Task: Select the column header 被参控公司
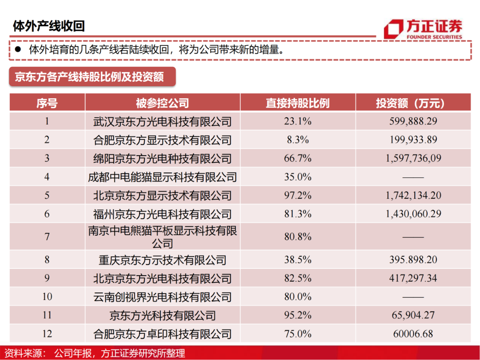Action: [x=162, y=103]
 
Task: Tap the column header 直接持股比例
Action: [x=297, y=103]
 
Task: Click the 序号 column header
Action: [x=47, y=103]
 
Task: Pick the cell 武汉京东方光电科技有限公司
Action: [x=162, y=121]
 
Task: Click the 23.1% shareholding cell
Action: [x=297, y=121]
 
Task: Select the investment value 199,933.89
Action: [x=413, y=140]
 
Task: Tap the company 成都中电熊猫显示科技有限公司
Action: [x=162, y=177]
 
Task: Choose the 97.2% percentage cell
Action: [x=297, y=196]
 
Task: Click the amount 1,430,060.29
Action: [x=413, y=214]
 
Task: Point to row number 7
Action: [x=47, y=237]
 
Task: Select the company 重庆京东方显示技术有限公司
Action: [x=162, y=260]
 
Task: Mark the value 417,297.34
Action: [x=413, y=278]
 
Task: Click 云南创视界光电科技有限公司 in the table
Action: [x=162, y=297]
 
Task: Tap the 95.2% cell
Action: [x=297, y=315]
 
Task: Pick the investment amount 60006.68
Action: [x=413, y=334]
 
